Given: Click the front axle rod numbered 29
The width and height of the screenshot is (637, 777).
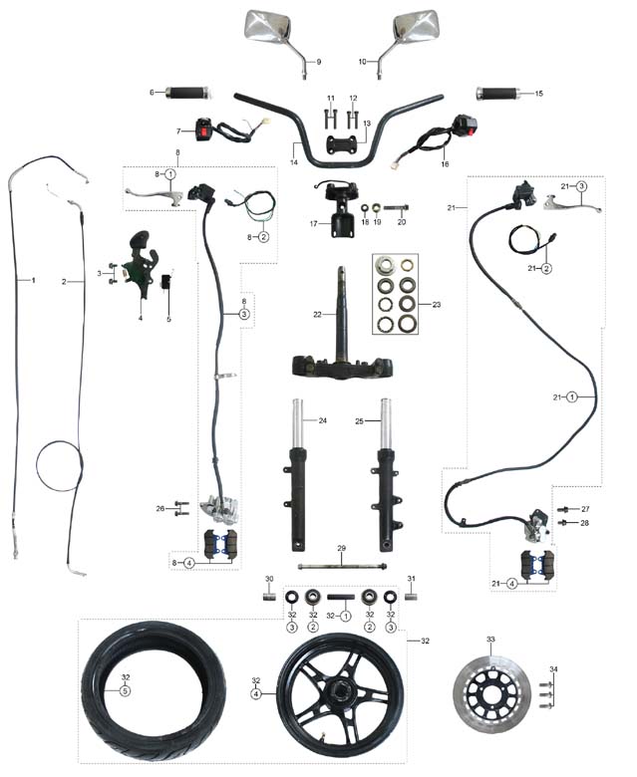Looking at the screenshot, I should (340, 570).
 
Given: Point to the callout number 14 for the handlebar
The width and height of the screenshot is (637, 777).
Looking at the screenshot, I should (294, 161).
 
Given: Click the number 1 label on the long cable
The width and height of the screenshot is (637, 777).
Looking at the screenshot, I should (32, 281).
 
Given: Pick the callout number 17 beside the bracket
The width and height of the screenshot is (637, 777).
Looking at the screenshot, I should (314, 224).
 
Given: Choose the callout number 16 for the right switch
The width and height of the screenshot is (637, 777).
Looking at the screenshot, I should (445, 162).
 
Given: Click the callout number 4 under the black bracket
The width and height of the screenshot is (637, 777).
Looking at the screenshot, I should (141, 318).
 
